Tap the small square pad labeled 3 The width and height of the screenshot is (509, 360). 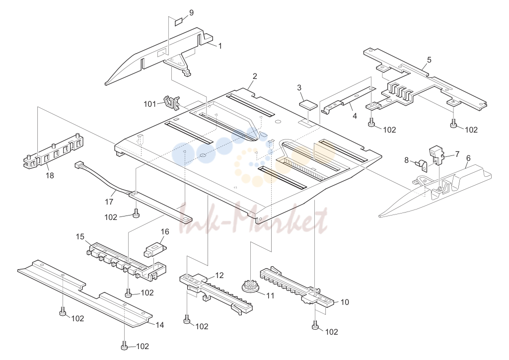point(307,105)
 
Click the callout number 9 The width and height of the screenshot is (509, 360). point(191,12)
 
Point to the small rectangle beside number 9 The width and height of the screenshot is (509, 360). point(179,22)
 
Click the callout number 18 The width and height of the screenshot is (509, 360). point(50,175)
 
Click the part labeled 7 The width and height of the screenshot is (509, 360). point(436,155)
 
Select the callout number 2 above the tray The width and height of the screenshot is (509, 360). point(255,76)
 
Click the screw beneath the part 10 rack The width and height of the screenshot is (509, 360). point(315,326)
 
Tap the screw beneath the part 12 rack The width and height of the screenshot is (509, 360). point(187,319)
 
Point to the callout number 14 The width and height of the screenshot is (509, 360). point(160,325)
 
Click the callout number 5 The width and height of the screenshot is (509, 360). point(430,60)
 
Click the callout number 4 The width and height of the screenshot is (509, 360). point(355,116)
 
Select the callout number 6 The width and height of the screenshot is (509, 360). point(468,158)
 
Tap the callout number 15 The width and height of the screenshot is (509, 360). point(80,237)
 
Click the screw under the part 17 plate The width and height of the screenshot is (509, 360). point(137,213)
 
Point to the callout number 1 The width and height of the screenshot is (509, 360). point(220,46)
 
